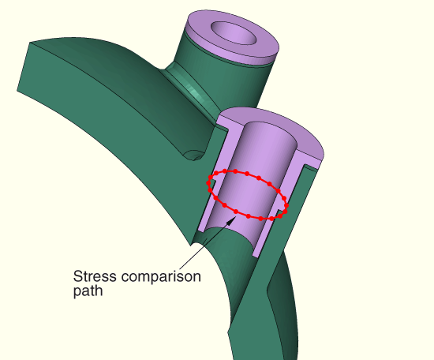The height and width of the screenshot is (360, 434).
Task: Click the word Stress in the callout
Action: (95, 276)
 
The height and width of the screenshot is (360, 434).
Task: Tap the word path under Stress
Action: (88, 291)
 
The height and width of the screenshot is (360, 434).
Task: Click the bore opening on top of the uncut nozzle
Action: (234, 33)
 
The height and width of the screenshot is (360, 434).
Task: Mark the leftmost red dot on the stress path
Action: (208, 183)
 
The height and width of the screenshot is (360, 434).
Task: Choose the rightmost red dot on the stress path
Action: (286, 205)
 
